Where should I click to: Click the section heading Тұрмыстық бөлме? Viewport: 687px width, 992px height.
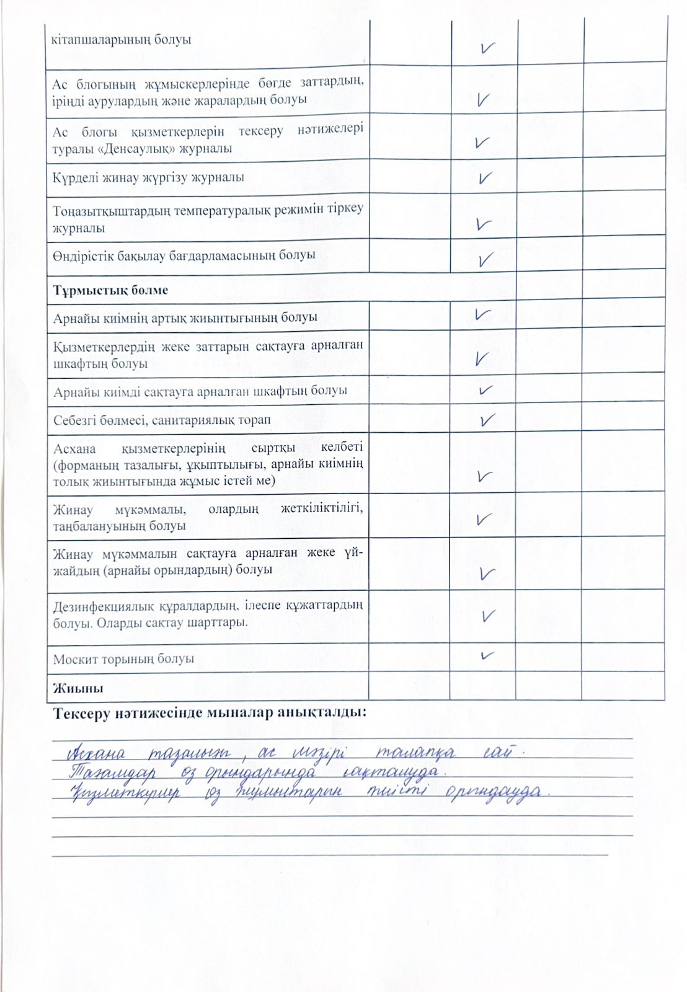coord(110,290)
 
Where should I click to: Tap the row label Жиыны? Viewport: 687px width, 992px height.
coord(78,688)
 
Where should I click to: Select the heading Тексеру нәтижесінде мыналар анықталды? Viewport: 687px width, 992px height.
coord(210,712)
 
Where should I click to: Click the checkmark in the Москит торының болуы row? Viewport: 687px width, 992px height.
coord(487,655)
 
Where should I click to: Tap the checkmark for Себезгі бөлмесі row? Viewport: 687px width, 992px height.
coord(487,420)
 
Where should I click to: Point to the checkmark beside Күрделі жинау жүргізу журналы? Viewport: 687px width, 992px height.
coord(485,178)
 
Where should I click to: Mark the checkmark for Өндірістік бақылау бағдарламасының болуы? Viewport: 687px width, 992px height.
coord(485,259)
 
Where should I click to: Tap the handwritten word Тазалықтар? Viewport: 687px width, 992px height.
coord(112,773)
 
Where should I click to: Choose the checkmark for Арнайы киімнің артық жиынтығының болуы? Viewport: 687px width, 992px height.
coord(483,314)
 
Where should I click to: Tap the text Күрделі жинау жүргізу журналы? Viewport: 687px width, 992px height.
coord(148,177)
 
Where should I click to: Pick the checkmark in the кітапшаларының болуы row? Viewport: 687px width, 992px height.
coord(488,48)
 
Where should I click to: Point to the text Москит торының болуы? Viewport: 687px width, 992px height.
coord(123,658)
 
